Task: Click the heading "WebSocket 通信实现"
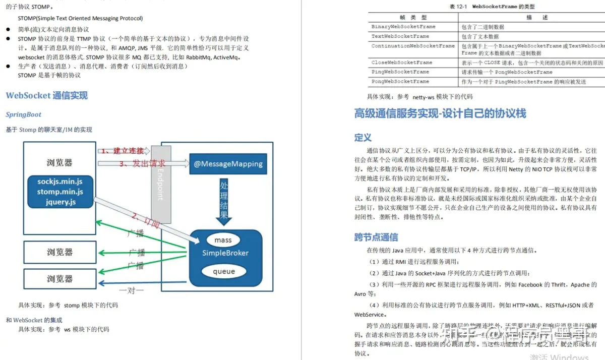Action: point(46,95)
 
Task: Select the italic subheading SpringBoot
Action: point(23,114)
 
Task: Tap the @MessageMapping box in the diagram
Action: point(228,164)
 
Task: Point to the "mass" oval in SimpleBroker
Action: point(223,240)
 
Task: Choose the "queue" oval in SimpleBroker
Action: point(223,271)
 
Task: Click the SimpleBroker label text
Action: point(225,253)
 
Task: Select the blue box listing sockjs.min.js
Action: point(60,191)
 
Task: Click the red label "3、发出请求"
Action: point(142,163)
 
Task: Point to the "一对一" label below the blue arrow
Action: point(132,290)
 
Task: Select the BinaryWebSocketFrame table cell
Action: point(403,26)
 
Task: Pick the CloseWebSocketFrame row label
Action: point(401,63)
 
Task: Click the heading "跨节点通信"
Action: point(376,237)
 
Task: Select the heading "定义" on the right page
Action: point(362,138)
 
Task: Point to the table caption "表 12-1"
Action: point(459,7)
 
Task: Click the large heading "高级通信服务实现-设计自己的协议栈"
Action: point(440,113)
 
